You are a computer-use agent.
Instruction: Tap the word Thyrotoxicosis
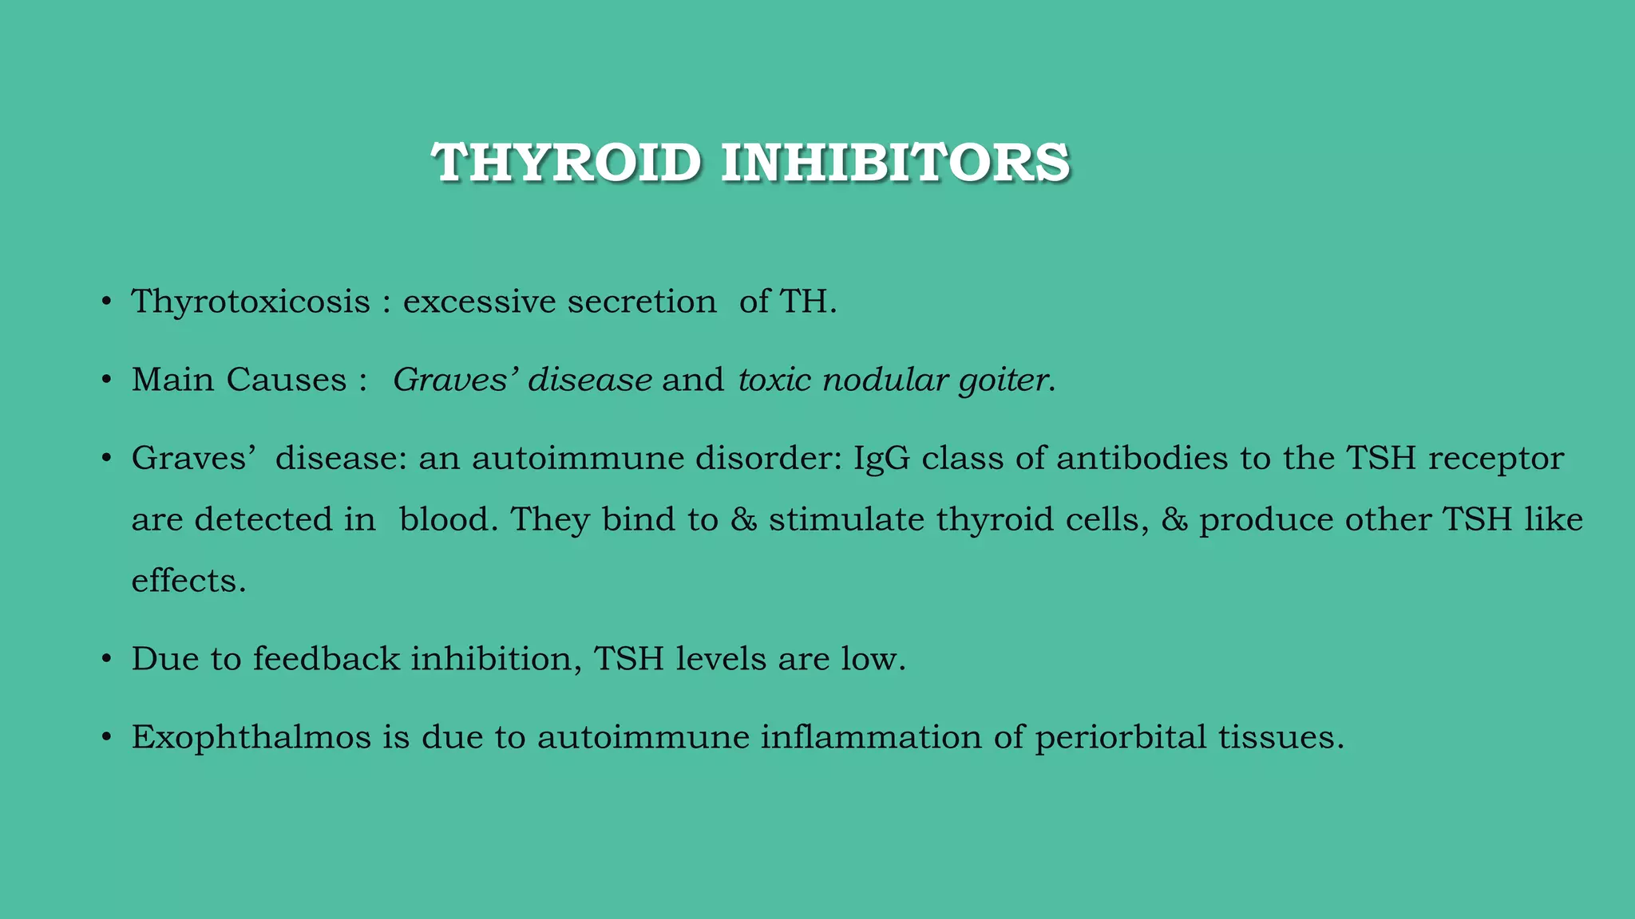point(251,302)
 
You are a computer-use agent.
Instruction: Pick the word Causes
point(287,380)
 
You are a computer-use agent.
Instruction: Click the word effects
point(188,581)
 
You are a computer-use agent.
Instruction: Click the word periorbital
point(1120,737)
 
